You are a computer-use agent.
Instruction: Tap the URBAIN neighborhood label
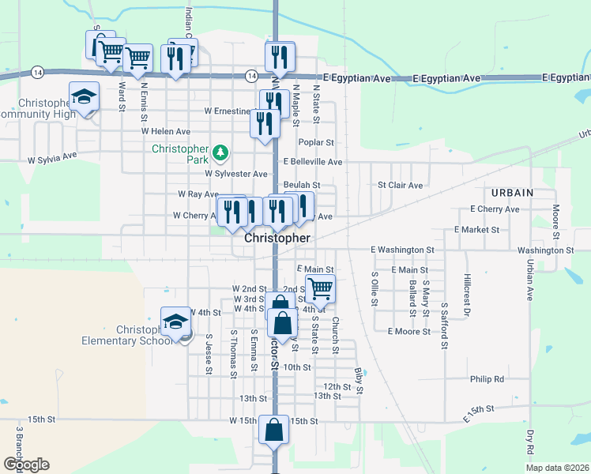pyautogui.click(x=512, y=193)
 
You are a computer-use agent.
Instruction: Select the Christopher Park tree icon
pyautogui.click(x=222, y=151)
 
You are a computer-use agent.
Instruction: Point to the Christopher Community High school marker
pyautogui.click(x=84, y=96)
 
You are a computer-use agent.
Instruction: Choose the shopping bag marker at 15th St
pyautogui.click(x=273, y=431)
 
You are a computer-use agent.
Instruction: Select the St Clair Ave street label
pyautogui.click(x=400, y=186)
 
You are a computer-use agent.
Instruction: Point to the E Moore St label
pyautogui.click(x=408, y=332)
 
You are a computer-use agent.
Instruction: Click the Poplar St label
pyautogui.click(x=317, y=143)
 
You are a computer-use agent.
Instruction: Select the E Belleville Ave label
pyautogui.click(x=313, y=161)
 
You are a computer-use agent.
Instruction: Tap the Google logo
pyautogui.click(x=26, y=465)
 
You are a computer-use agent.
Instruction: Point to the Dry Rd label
pyautogui.click(x=529, y=446)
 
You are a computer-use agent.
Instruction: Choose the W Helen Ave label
pyautogui.click(x=166, y=130)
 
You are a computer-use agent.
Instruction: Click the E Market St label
pyautogui.click(x=477, y=230)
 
